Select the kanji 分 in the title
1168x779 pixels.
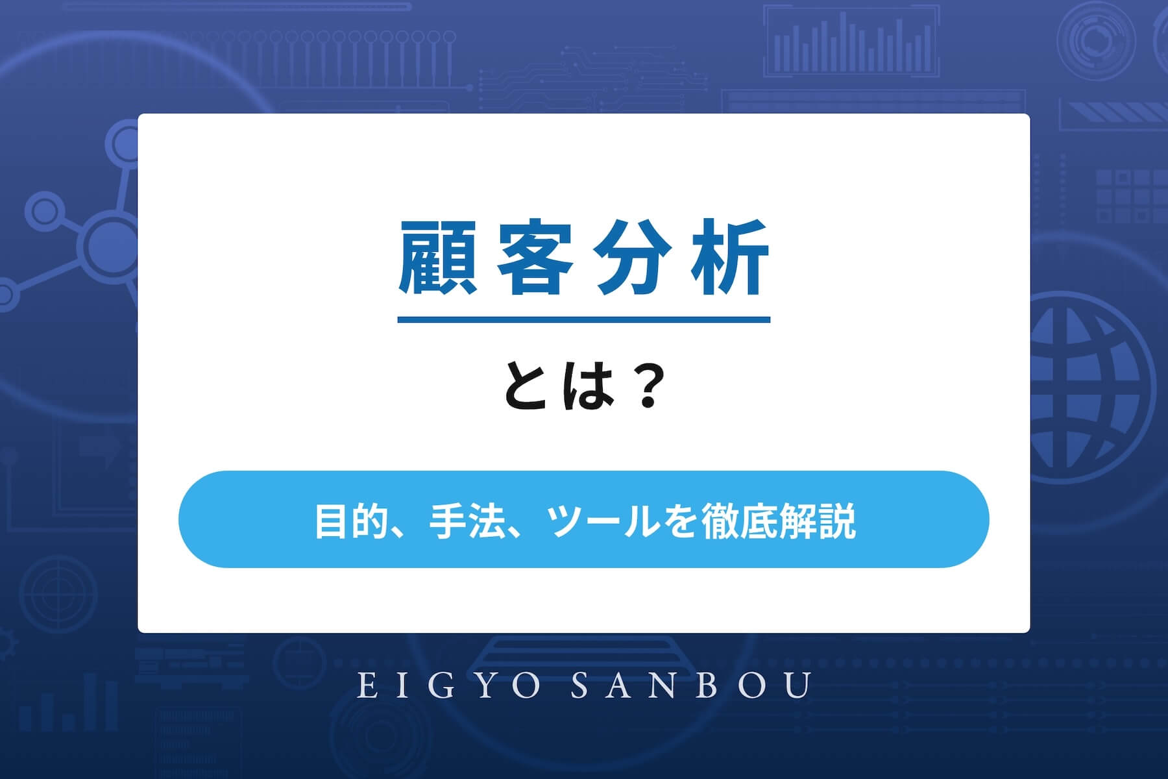pos(633,258)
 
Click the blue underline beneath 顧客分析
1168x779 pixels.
pos(583,319)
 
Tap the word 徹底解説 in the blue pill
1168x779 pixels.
pos(779,521)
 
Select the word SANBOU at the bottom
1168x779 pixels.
pos(692,686)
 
